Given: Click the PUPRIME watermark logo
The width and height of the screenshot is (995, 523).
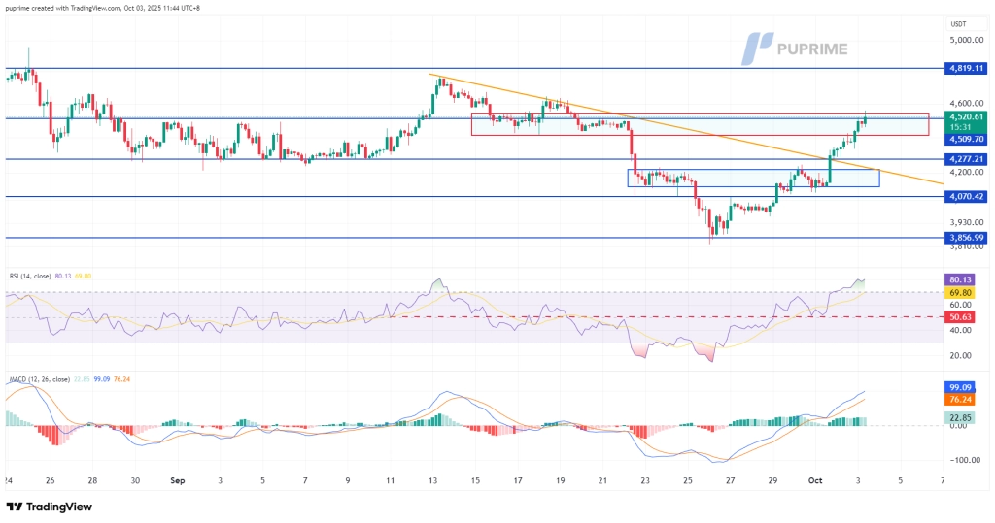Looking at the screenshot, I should point(794,48).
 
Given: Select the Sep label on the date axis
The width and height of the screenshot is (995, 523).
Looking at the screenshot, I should point(177,479).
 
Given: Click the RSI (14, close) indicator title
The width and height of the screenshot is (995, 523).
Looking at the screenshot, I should point(26,276).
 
